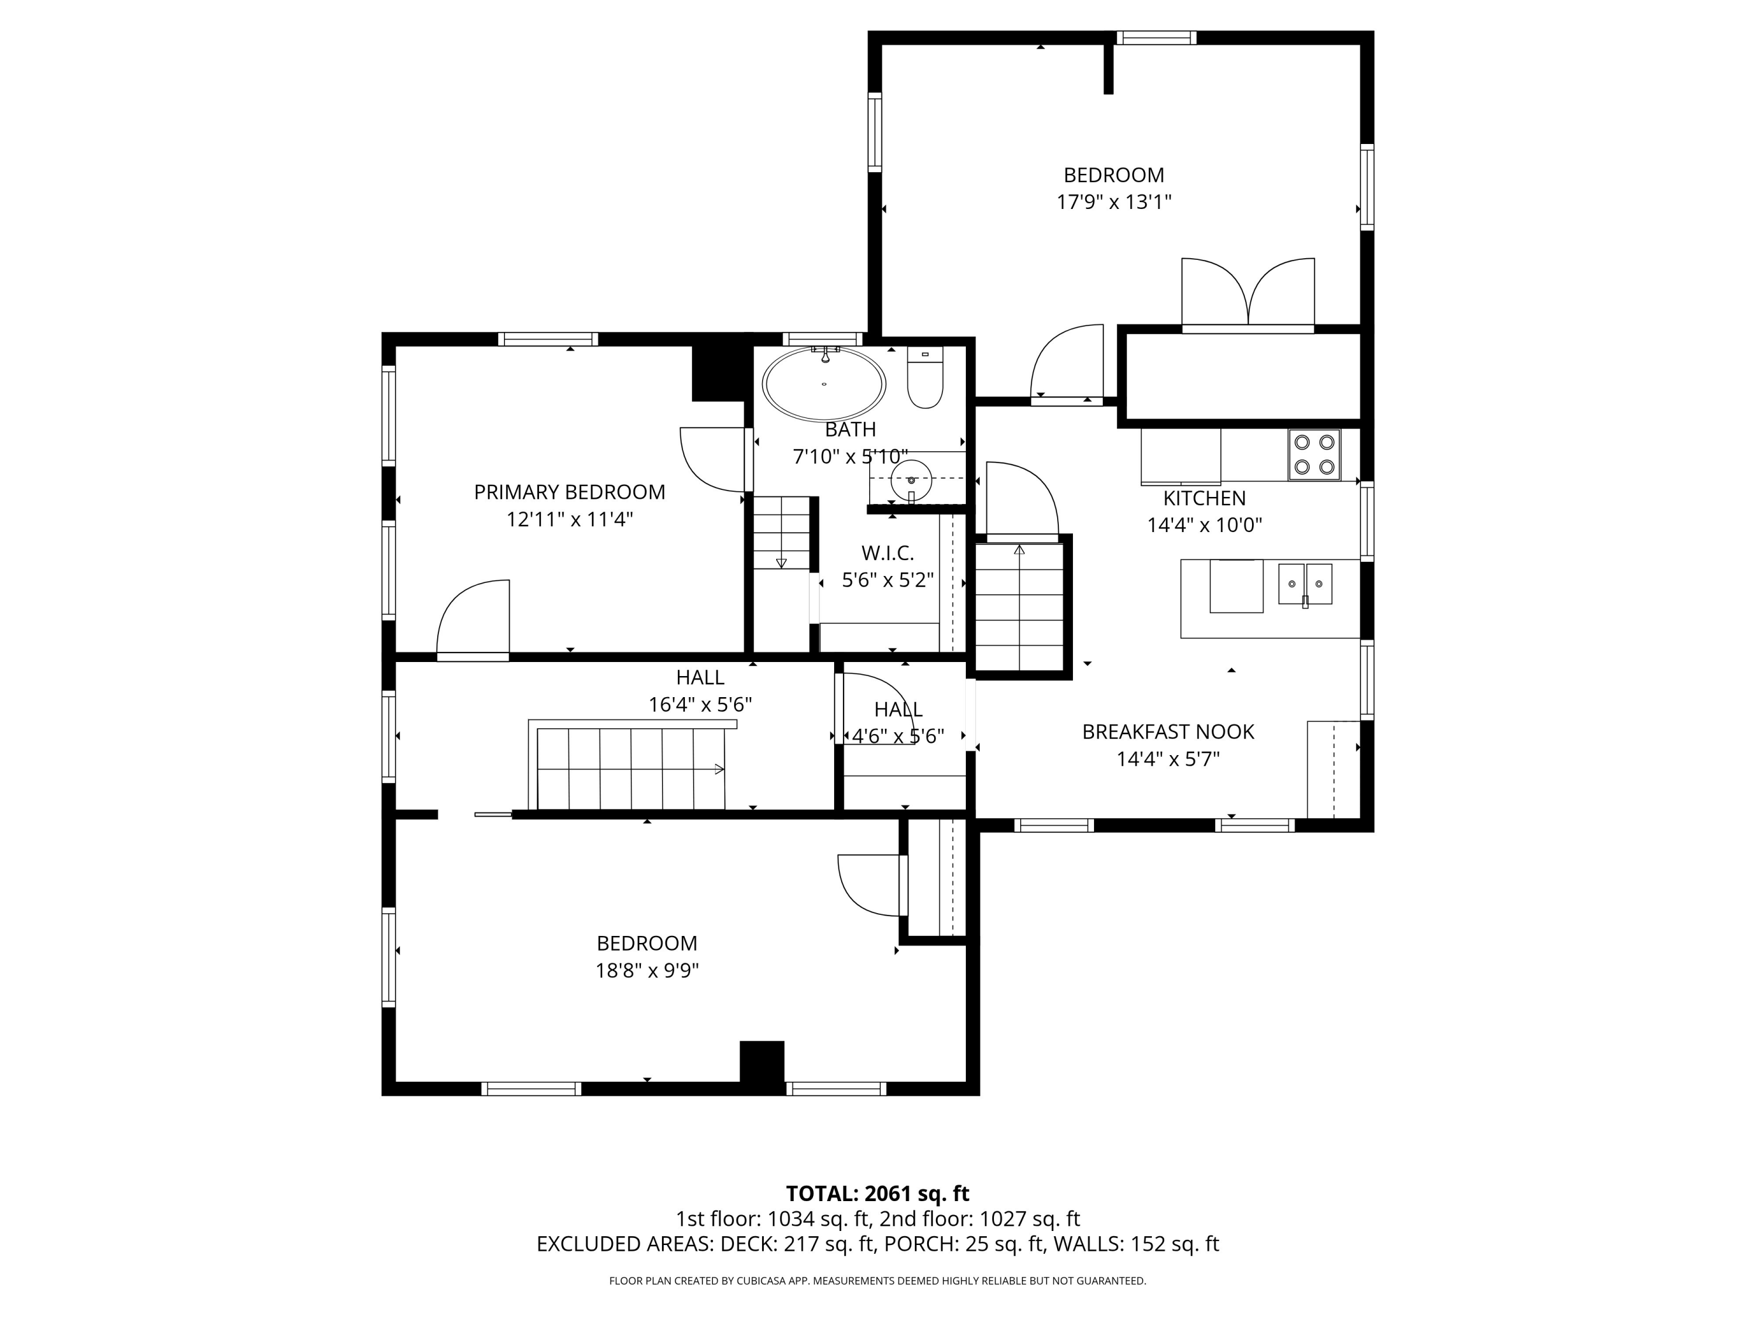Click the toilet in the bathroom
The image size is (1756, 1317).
tap(925, 378)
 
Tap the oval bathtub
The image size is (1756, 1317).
tap(824, 384)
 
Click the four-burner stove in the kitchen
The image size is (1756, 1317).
tap(1314, 455)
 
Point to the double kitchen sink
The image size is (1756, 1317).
tap(1305, 584)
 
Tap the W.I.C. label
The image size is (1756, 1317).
tap(887, 553)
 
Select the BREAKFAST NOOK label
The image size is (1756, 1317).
tap(1168, 732)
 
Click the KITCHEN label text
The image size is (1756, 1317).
tap(1204, 499)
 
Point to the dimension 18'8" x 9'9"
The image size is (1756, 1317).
tap(647, 970)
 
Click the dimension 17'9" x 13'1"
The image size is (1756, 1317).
tap(1114, 201)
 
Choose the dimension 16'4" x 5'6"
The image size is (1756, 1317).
tap(700, 704)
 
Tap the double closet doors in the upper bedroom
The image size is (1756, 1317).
tap(1248, 294)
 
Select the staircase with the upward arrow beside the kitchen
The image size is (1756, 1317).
tap(1019, 608)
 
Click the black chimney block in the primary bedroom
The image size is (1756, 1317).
tap(718, 373)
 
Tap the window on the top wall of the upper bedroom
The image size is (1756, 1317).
tap(1156, 37)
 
